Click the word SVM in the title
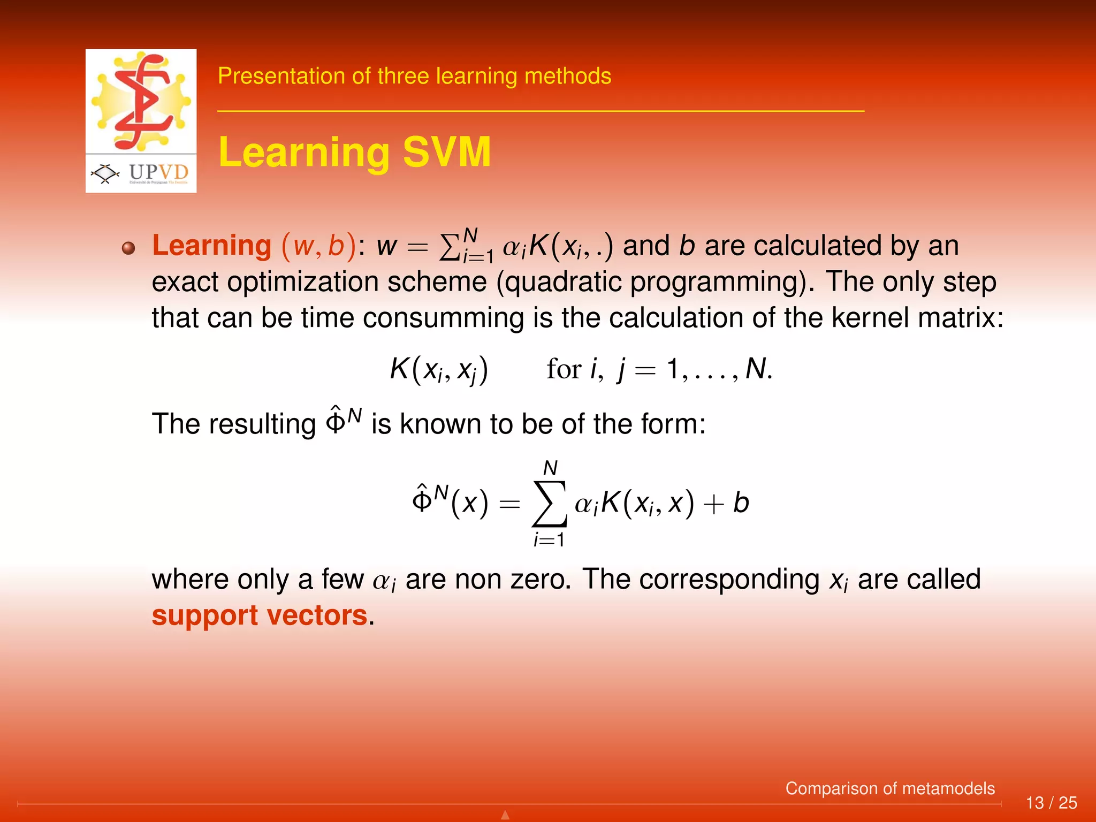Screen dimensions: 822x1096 pyautogui.click(x=446, y=152)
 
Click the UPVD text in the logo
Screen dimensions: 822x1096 pyautogui.click(x=158, y=172)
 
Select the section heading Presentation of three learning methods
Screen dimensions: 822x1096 pyautogui.click(x=414, y=76)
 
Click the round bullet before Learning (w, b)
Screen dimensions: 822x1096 pyautogui.click(x=128, y=248)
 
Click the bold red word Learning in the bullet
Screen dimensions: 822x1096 pyautogui.click(x=212, y=246)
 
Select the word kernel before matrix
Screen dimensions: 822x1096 pyautogui.click(x=870, y=318)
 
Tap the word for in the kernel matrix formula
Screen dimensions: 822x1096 pyautogui.click(x=564, y=369)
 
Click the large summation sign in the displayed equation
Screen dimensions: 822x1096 pyautogui.click(x=550, y=504)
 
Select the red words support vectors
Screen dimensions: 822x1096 pyautogui.click(x=260, y=615)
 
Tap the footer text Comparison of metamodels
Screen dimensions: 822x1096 pyautogui.click(x=889, y=788)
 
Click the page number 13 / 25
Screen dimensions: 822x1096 pyautogui.click(x=1051, y=803)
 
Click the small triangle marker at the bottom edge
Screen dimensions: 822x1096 pyautogui.click(x=505, y=815)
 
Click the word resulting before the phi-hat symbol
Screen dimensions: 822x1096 pyautogui.click(x=262, y=424)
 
